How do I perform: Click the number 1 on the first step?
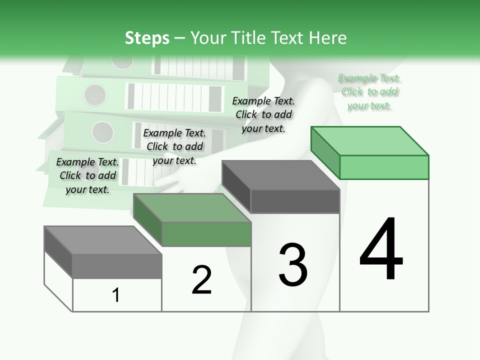click(116, 295)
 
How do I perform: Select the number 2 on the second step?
click(201, 280)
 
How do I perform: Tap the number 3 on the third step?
click(293, 265)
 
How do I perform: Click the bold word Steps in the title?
click(147, 38)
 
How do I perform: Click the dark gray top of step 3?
click(280, 175)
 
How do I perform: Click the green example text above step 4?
click(369, 92)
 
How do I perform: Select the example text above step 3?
click(263, 114)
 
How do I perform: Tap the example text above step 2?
click(174, 146)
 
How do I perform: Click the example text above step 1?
click(87, 175)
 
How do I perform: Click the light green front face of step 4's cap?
click(384, 167)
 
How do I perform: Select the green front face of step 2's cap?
click(206, 234)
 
